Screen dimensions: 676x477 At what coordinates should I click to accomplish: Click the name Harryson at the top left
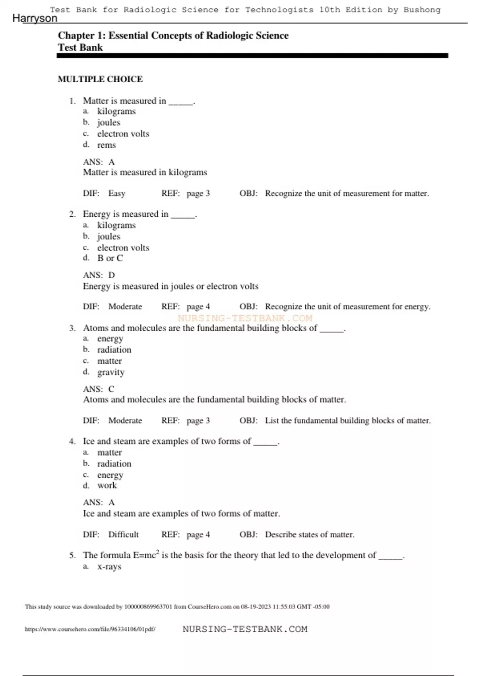[x=35, y=18]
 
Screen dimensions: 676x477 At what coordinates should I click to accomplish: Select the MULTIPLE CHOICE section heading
[x=100, y=79]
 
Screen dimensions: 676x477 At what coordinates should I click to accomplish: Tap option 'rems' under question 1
[x=107, y=145]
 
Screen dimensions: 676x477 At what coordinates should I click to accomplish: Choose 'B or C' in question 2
[x=110, y=258]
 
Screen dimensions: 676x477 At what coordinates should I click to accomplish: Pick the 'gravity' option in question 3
[x=111, y=372]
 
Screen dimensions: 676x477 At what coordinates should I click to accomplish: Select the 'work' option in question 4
[x=107, y=486]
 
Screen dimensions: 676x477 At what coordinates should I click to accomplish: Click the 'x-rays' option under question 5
[x=109, y=567]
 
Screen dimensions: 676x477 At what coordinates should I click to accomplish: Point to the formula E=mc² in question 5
[x=146, y=555]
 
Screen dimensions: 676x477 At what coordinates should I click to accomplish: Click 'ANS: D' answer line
[x=99, y=275]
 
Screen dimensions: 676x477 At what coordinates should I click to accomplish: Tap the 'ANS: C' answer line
[x=99, y=389]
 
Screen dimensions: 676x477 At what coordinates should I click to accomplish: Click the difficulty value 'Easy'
[x=117, y=194]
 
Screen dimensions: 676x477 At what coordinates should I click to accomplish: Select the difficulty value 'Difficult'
[x=124, y=534]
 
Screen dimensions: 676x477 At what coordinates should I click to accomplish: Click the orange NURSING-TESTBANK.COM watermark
[x=245, y=318]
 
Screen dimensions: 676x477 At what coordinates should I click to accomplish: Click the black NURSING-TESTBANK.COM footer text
[x=245, y=629]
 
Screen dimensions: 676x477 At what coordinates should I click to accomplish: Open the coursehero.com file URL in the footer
[x=90, y=629]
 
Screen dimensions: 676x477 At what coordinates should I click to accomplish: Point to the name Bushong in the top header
[x=422, y=10]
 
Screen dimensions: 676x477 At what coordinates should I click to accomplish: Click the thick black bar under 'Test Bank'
[x=252, y=56]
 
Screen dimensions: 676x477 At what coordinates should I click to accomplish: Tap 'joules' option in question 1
[x=109, y=122]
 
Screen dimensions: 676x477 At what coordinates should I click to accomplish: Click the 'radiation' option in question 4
[x=114, y=464]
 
